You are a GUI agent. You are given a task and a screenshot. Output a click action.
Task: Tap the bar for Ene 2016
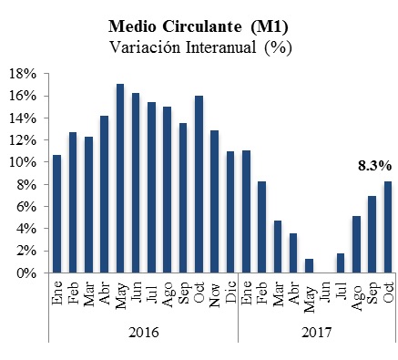tap(57, 214)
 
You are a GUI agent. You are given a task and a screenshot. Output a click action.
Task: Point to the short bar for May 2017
tap(309, 266)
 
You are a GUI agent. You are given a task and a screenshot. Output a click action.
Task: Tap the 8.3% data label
tap(373, 165)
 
